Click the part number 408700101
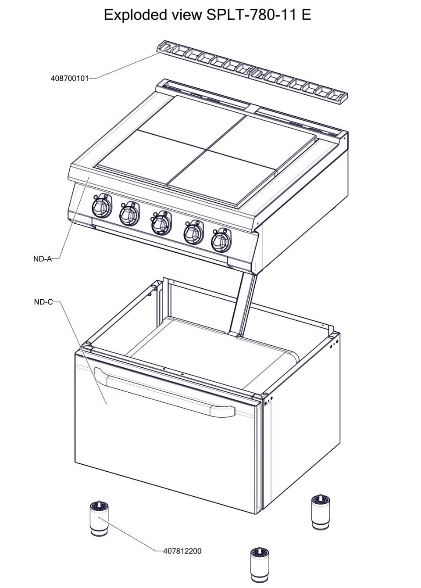(x=69, y=78)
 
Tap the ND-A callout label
(x=43, y=259)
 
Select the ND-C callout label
(x=43, y=302)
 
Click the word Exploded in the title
(x=136, y=15)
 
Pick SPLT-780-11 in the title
(x=252, y=15)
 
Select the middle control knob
(x=161, y=223)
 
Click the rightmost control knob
(x=221, y=240)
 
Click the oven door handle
(x=165, y=392)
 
